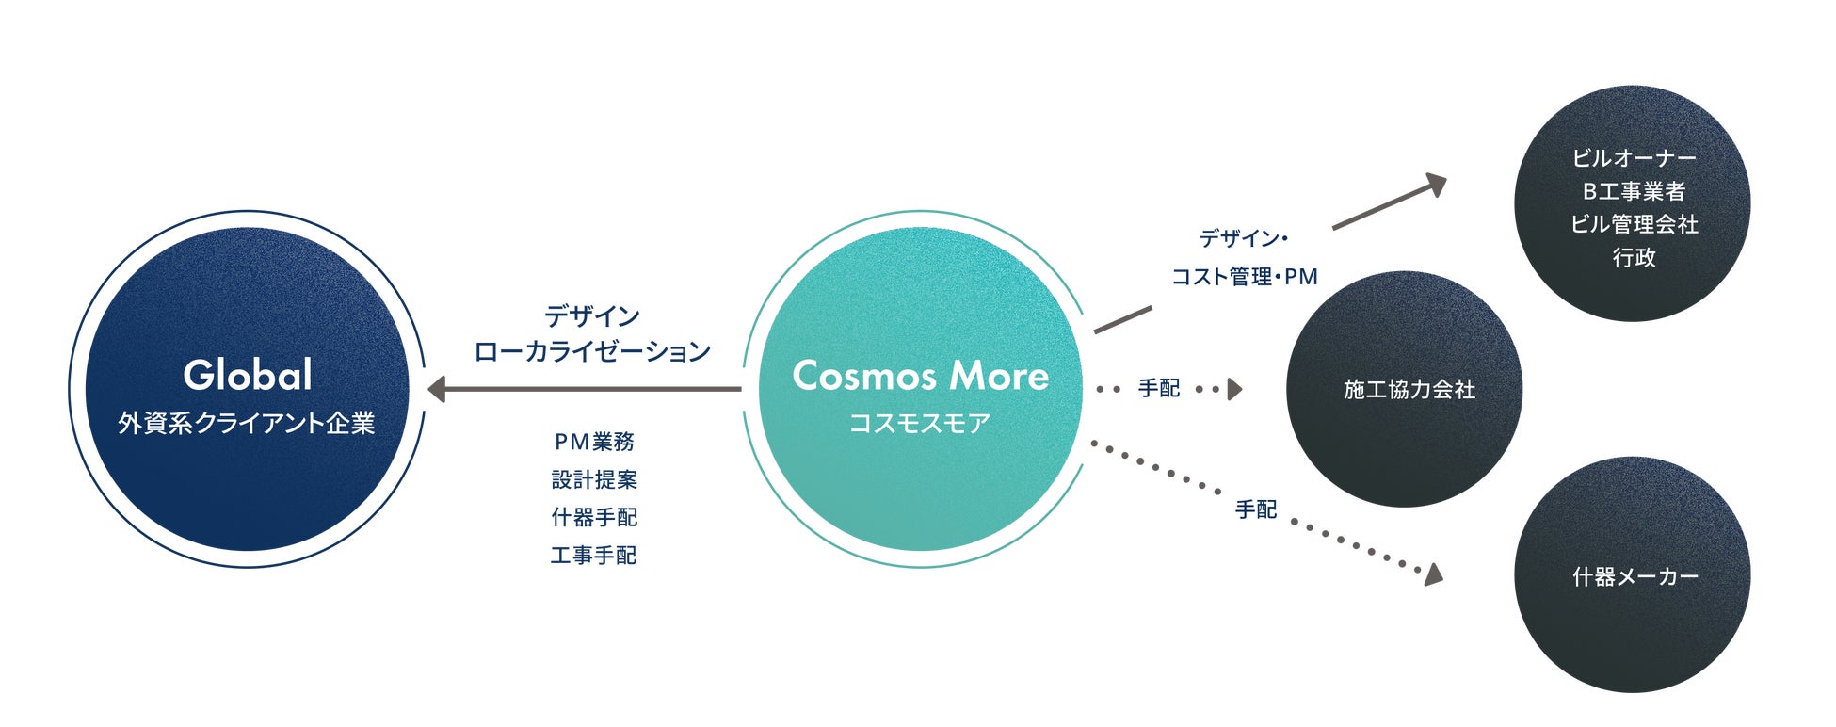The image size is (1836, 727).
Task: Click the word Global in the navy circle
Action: pyautogui.click(x=248, y=375)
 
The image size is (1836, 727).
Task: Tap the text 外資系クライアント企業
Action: pyautogui.click(x=247, y=423)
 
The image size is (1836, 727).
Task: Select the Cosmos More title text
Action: pyautogui.click(x=920, y=376)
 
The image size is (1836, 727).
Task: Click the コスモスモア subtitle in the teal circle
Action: pyautogui.click(x=920, y=423)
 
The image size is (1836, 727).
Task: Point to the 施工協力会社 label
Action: pyautogui.click(x=1409, y=389)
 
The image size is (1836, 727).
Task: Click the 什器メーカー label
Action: pyautogui.click(x=1635, y=576)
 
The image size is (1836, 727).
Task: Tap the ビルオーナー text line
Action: pyautogui.click(x=1634, y=158)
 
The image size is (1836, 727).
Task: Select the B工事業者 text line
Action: pyautogui.click(x=1634, y=191)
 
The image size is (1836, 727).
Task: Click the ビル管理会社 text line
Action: pyautogui.click(x=1634, y=224)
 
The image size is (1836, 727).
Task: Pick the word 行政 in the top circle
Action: pyautogui.click(x=1634, y=257)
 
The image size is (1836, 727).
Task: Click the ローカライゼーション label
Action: pyautogui.click(x=592, y=351)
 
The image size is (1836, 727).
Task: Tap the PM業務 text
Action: pyautogui.click(x=594, y=441)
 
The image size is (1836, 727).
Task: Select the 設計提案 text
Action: pyautogui.click(x=594, y=479)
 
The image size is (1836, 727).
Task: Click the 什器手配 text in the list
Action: pyautogui.click(x=594, y=517)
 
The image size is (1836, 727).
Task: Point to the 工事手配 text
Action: pyautogui.click(x=594, y=556)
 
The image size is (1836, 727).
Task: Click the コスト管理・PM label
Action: pyautogui.click(x=1244, y=277)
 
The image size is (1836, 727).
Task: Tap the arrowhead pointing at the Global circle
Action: pyautogui.click(x=436, y=389)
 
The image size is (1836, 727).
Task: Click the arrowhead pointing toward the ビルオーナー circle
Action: pyautogui.click(x=1436, y=185)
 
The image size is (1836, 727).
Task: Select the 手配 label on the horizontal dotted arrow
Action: pyautogui.click(x=1158, y=388)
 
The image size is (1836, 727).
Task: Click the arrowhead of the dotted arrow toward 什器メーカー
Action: pyautogui.click(x=1432, y=574)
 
